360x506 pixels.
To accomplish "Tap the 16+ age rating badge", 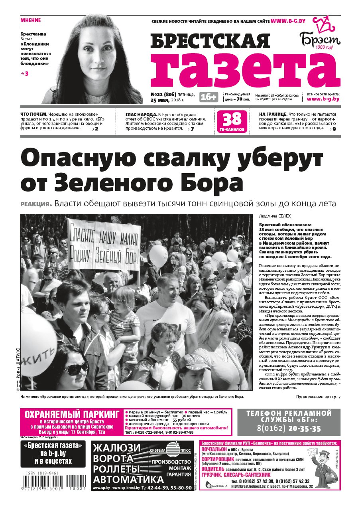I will (209, 97).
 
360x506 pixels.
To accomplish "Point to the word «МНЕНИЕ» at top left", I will (30, 20).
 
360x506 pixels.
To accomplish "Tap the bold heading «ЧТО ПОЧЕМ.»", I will (34, 114).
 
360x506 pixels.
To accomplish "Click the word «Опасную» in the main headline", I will (73, 158).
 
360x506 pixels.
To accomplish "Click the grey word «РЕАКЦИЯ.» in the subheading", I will (36, 204).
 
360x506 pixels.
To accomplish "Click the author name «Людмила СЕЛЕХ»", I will (275, 216).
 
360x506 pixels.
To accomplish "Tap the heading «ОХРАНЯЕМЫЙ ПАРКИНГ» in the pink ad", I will (72, 414).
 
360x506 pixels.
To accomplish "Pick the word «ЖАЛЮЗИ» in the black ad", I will (116, 448).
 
